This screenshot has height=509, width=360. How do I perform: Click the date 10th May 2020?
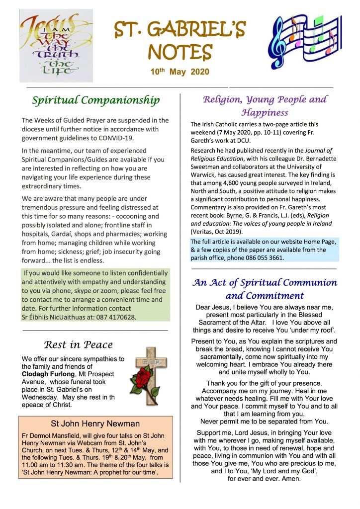tap(180, 72)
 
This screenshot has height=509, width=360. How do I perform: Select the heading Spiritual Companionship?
tap(95, 100)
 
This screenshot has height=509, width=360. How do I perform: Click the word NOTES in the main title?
tap(180, 52)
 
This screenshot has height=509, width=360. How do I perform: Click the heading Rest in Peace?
tap(78, 344)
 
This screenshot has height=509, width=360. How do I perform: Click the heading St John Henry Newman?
tap(95, 424)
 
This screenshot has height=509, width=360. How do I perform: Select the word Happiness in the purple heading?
tap(265, 113)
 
